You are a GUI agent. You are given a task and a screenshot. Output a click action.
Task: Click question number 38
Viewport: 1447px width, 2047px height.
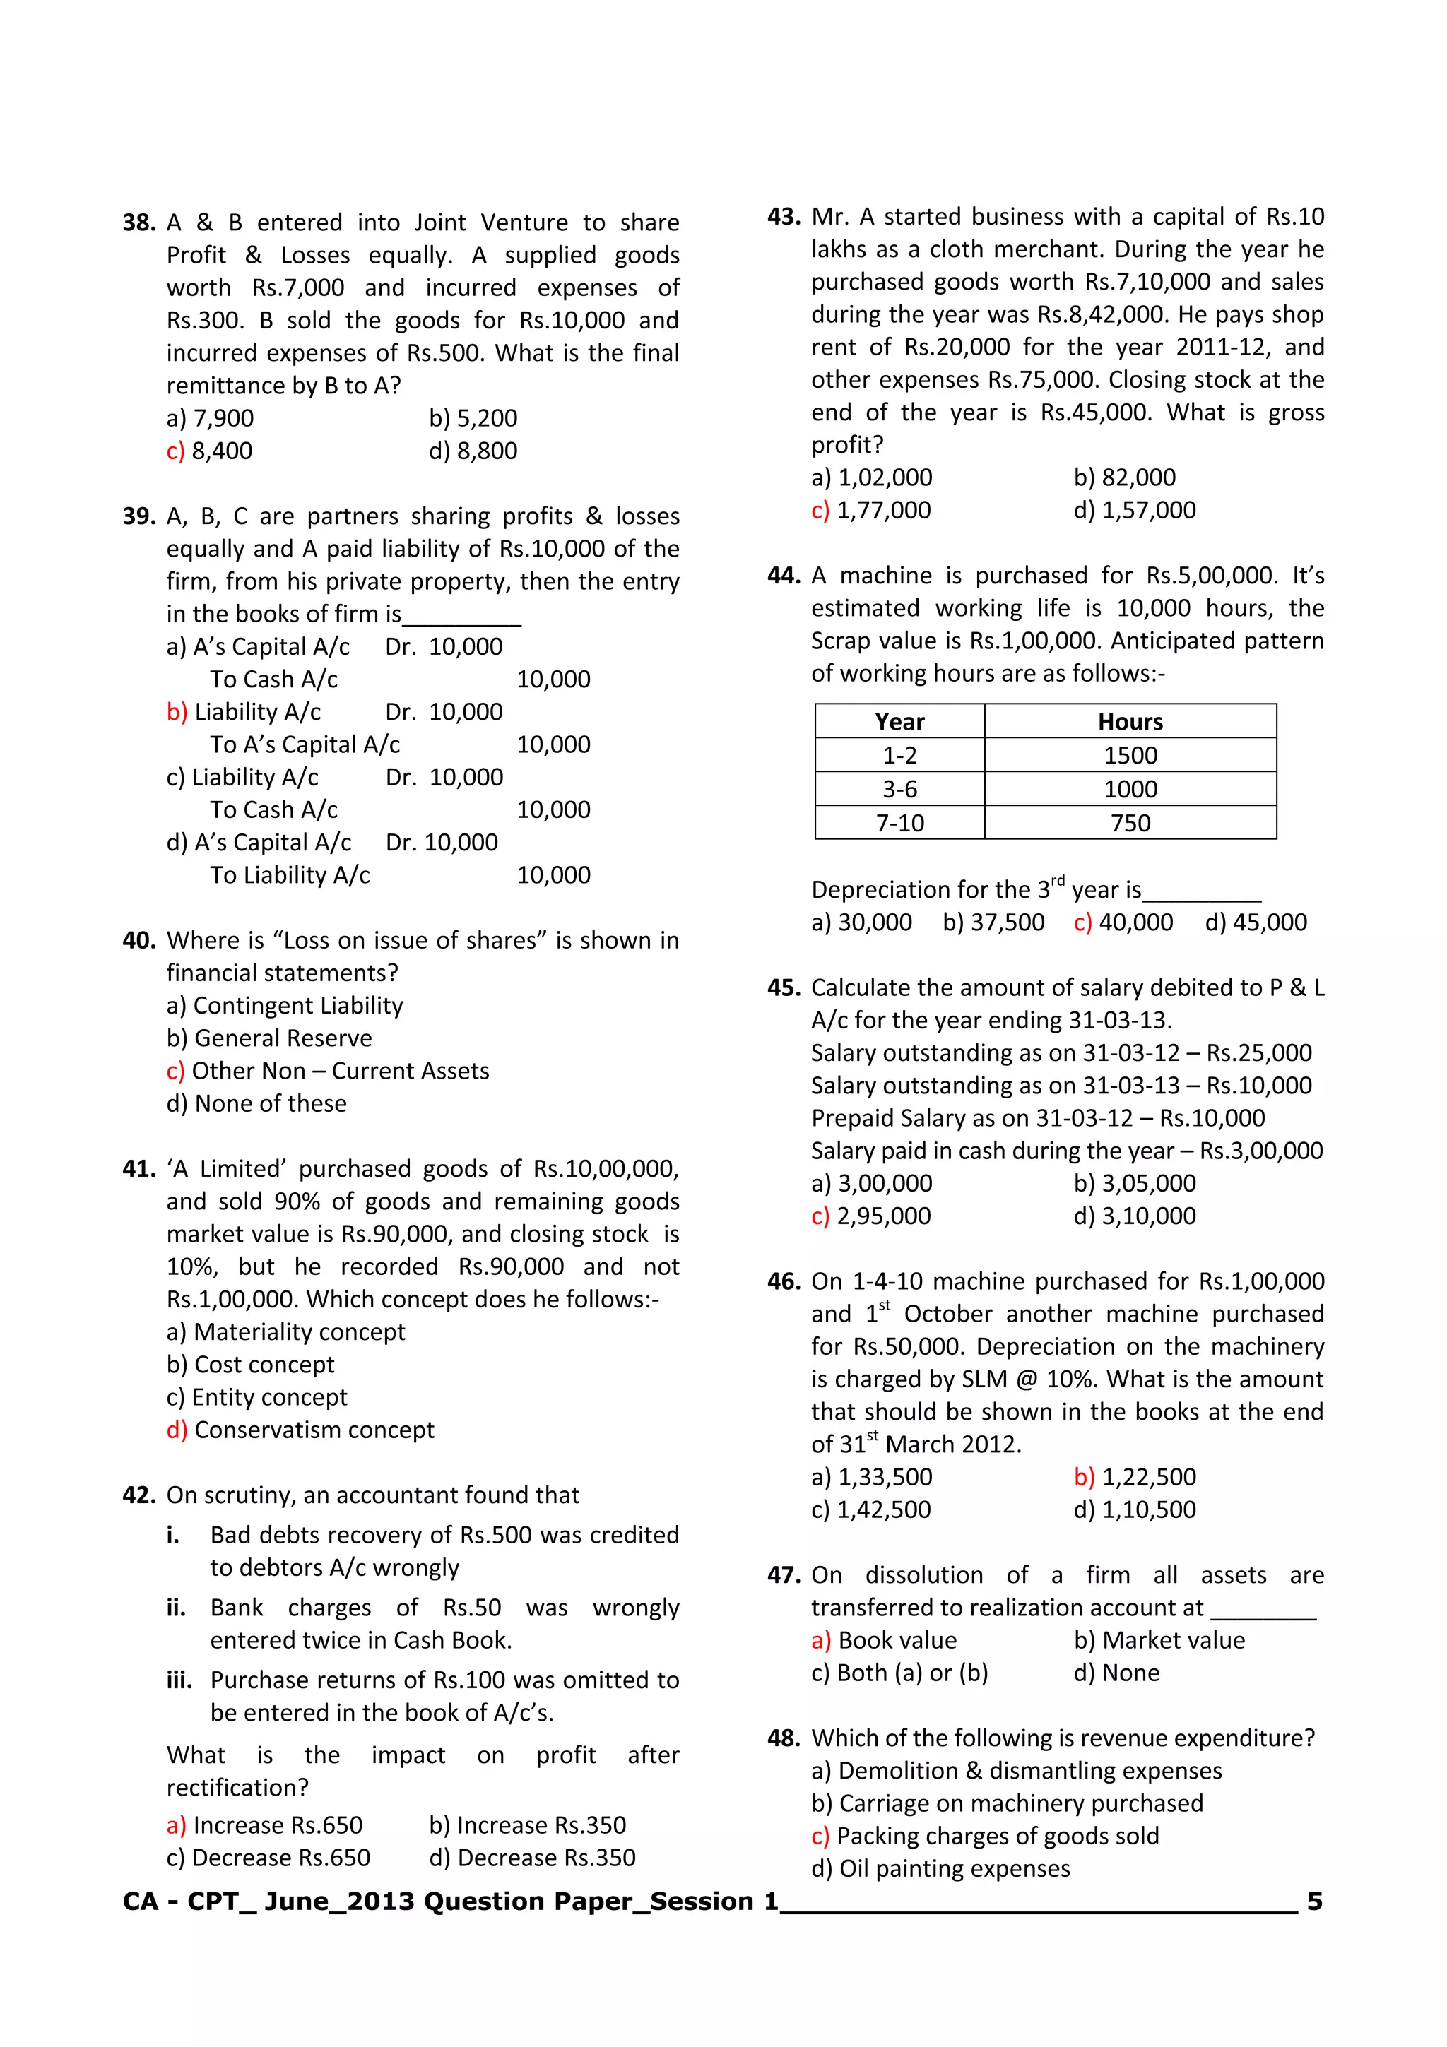138,223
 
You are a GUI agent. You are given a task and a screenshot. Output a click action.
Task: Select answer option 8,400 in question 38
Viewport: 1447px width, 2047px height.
210,451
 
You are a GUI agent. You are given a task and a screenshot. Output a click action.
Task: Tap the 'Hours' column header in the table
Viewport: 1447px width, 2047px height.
1130,721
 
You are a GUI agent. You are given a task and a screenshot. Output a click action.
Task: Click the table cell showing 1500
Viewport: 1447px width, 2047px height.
1130,755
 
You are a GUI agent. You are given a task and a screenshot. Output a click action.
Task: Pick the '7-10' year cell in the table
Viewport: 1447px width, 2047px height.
899,823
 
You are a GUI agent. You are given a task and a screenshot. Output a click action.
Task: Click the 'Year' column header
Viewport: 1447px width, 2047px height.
899,721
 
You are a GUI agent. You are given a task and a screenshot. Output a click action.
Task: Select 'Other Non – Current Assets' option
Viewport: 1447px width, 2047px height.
327,1071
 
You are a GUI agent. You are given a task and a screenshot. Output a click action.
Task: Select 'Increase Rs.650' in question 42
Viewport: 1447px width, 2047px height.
265,1826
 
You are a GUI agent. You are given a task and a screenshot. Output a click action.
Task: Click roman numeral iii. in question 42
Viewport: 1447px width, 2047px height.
179,1680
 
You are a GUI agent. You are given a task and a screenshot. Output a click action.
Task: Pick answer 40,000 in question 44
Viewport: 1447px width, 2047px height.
1123,922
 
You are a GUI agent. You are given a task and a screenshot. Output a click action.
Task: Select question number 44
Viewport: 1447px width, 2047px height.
783,576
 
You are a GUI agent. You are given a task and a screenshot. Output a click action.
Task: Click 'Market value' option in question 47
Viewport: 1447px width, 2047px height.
1159,1640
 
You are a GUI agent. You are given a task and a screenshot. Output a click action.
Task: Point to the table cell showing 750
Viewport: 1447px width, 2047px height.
1130,823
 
